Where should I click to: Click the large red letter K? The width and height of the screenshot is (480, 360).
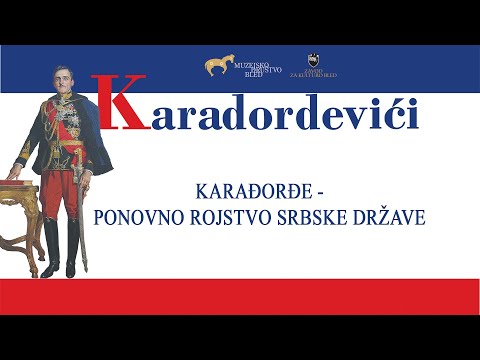coord(123,104)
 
